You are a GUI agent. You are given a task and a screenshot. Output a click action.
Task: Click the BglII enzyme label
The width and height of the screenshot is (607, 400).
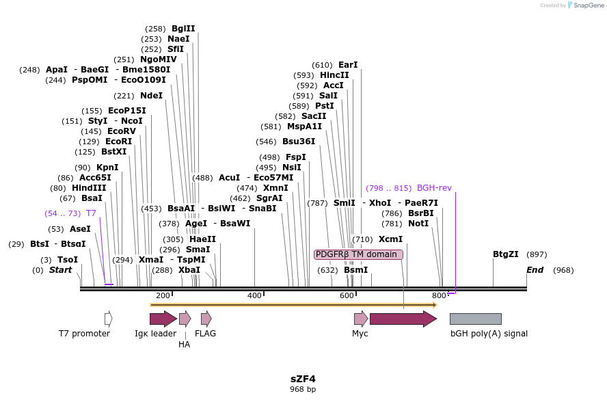pyautogui.click(x=183, y=29)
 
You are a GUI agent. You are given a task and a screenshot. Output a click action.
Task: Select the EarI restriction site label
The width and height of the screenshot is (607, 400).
pyautogui.click(x=348, y=65)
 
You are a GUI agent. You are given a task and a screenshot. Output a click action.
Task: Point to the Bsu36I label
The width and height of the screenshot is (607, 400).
pyautogui.click(x=299, y=142)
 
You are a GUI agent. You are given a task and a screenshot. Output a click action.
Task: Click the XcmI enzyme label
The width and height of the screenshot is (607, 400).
pyautogui.click(x=390, y=239)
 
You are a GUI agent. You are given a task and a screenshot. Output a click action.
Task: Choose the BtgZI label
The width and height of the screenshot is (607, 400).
pyautogui.click(x=506, y=254)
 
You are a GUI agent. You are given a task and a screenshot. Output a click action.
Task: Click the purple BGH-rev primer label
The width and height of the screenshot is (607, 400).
pyautogui.click(x=434, y=188)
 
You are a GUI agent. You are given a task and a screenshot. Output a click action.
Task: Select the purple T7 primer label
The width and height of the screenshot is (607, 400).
pyautogui.click(x=91, y=213)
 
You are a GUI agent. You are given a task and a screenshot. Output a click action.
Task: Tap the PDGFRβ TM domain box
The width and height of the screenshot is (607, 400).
pyautogui.click(x=358, y=254)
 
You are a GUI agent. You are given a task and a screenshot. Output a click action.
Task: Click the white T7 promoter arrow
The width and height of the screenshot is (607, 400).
pyautogui.click(x=108, y=319)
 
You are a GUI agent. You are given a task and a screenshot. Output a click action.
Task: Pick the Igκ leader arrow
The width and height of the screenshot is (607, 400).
pyautogui.click(x=163, y=319)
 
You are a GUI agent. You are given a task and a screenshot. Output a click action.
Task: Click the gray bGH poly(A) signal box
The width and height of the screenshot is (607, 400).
pyautogui.click(x=475, y=319)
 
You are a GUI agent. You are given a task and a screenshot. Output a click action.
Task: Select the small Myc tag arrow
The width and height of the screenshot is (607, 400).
pyautogui.click(x=360, y=319)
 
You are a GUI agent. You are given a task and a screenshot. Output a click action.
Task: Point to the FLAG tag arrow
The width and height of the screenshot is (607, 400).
pyautogui.click(x=206, y=319)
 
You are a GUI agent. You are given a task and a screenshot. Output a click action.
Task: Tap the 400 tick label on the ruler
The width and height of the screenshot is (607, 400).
pyautogui.click(x=254, y=295)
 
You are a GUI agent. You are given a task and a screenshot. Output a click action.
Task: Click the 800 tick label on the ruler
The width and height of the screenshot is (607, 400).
pyautogui.click(x=439, y=295)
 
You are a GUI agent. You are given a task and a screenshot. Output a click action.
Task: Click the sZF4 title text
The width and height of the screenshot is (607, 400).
pyautogui.click(x=303, y=378)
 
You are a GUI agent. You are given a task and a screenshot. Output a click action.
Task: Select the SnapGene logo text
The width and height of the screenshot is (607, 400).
pyautogui.click(x=588, y=5)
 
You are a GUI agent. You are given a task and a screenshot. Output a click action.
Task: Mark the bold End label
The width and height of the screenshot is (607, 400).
pyautogui.click(x=535, y=270)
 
